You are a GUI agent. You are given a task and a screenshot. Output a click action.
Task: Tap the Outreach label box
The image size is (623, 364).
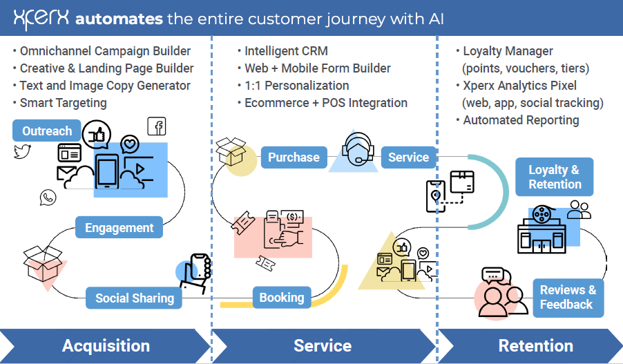tap(47, 131)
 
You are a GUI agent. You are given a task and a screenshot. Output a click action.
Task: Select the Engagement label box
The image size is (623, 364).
tap(119, 227)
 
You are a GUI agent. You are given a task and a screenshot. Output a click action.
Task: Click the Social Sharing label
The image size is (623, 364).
tap(135, 298)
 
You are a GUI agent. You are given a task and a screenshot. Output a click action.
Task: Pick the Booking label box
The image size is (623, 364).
tap(281, 298)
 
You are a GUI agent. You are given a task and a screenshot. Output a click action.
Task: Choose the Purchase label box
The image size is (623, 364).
tap(294, 157)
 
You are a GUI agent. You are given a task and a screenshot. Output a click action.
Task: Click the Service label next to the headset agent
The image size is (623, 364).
tap(408, 157)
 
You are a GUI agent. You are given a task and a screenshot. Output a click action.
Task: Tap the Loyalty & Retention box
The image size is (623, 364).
tap(554, 177)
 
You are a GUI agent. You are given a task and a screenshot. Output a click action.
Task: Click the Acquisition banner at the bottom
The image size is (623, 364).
tap(106, 346)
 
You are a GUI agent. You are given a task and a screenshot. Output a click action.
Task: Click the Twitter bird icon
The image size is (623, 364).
tap(23, 151)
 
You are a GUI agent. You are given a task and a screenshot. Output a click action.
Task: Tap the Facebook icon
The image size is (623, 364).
tap(157, 126)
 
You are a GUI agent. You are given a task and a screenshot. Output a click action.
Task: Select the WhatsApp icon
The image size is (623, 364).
tap(48, 198)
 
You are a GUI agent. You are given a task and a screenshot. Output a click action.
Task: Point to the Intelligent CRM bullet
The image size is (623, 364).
tap(286, 50)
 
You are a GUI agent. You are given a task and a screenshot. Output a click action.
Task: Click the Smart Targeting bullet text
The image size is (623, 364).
tap(63, 103)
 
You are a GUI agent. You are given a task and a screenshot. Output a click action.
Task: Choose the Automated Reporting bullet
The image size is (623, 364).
tap(521, 120)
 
